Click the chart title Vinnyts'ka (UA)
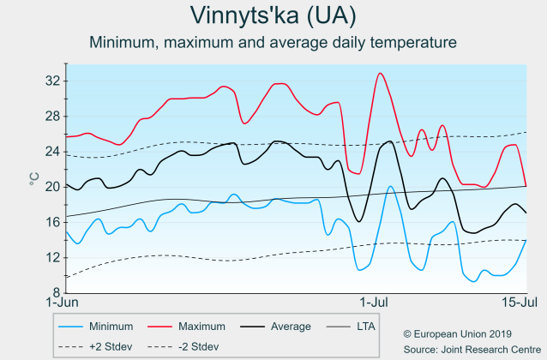point(273,16)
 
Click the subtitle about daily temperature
point(273,42)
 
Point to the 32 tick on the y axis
point(52,81)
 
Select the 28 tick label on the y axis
point(52,116)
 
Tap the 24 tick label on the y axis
point(52,151)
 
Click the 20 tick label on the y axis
point(52,186)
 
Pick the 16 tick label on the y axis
point(52,221)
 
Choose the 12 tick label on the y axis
point(52,256)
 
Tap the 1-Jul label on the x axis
point(376,303)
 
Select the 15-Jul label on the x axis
point(520,303)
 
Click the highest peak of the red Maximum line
point(380,74)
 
